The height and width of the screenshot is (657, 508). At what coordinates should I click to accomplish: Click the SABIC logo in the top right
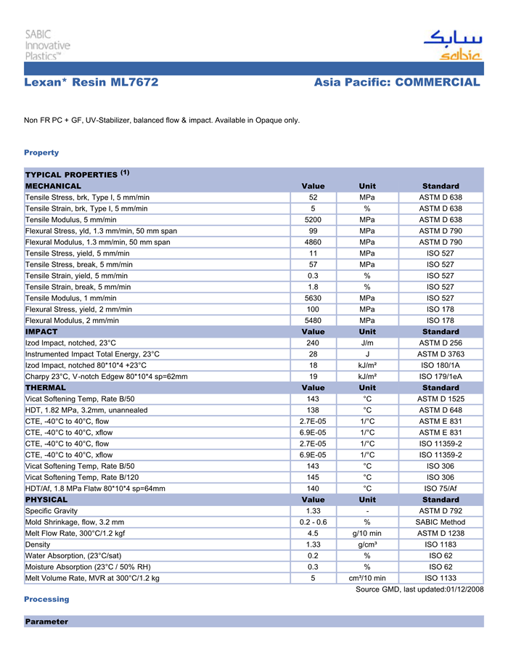(x=451, y=45)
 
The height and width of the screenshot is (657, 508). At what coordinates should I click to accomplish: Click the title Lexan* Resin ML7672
(x=91, y=83)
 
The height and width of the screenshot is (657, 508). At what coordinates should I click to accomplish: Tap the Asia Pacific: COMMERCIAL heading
(x=397, y=83)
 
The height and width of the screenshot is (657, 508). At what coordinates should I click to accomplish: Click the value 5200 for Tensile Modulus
(x=313, y=219)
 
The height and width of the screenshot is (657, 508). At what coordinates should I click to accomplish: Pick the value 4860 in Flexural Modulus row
(x=313, y=242)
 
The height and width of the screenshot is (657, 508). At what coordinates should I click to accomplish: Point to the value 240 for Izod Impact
(x=313, y=343)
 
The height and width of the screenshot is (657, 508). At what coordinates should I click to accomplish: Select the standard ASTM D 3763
(x=441, y=354)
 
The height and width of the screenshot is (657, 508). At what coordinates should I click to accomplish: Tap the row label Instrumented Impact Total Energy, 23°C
(x=92, y=354)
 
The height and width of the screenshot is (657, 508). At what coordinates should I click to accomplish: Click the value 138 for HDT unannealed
(x=313, y=410)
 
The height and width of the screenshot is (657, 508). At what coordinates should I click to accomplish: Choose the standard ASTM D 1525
(x=441, y=399)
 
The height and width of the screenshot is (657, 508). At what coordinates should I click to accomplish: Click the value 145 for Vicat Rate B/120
(x=313, y=477)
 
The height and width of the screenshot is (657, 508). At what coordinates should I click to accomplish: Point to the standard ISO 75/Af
(x=441, y=489)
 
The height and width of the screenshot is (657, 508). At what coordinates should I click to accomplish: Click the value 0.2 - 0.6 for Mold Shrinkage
(x=313, y=522)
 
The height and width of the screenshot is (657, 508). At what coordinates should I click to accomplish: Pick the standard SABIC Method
(x=441, y=522)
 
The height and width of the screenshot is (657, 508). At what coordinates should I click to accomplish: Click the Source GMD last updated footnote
(x=419, y=589)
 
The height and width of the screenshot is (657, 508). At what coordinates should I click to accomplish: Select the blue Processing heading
(x=46, y=599)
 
